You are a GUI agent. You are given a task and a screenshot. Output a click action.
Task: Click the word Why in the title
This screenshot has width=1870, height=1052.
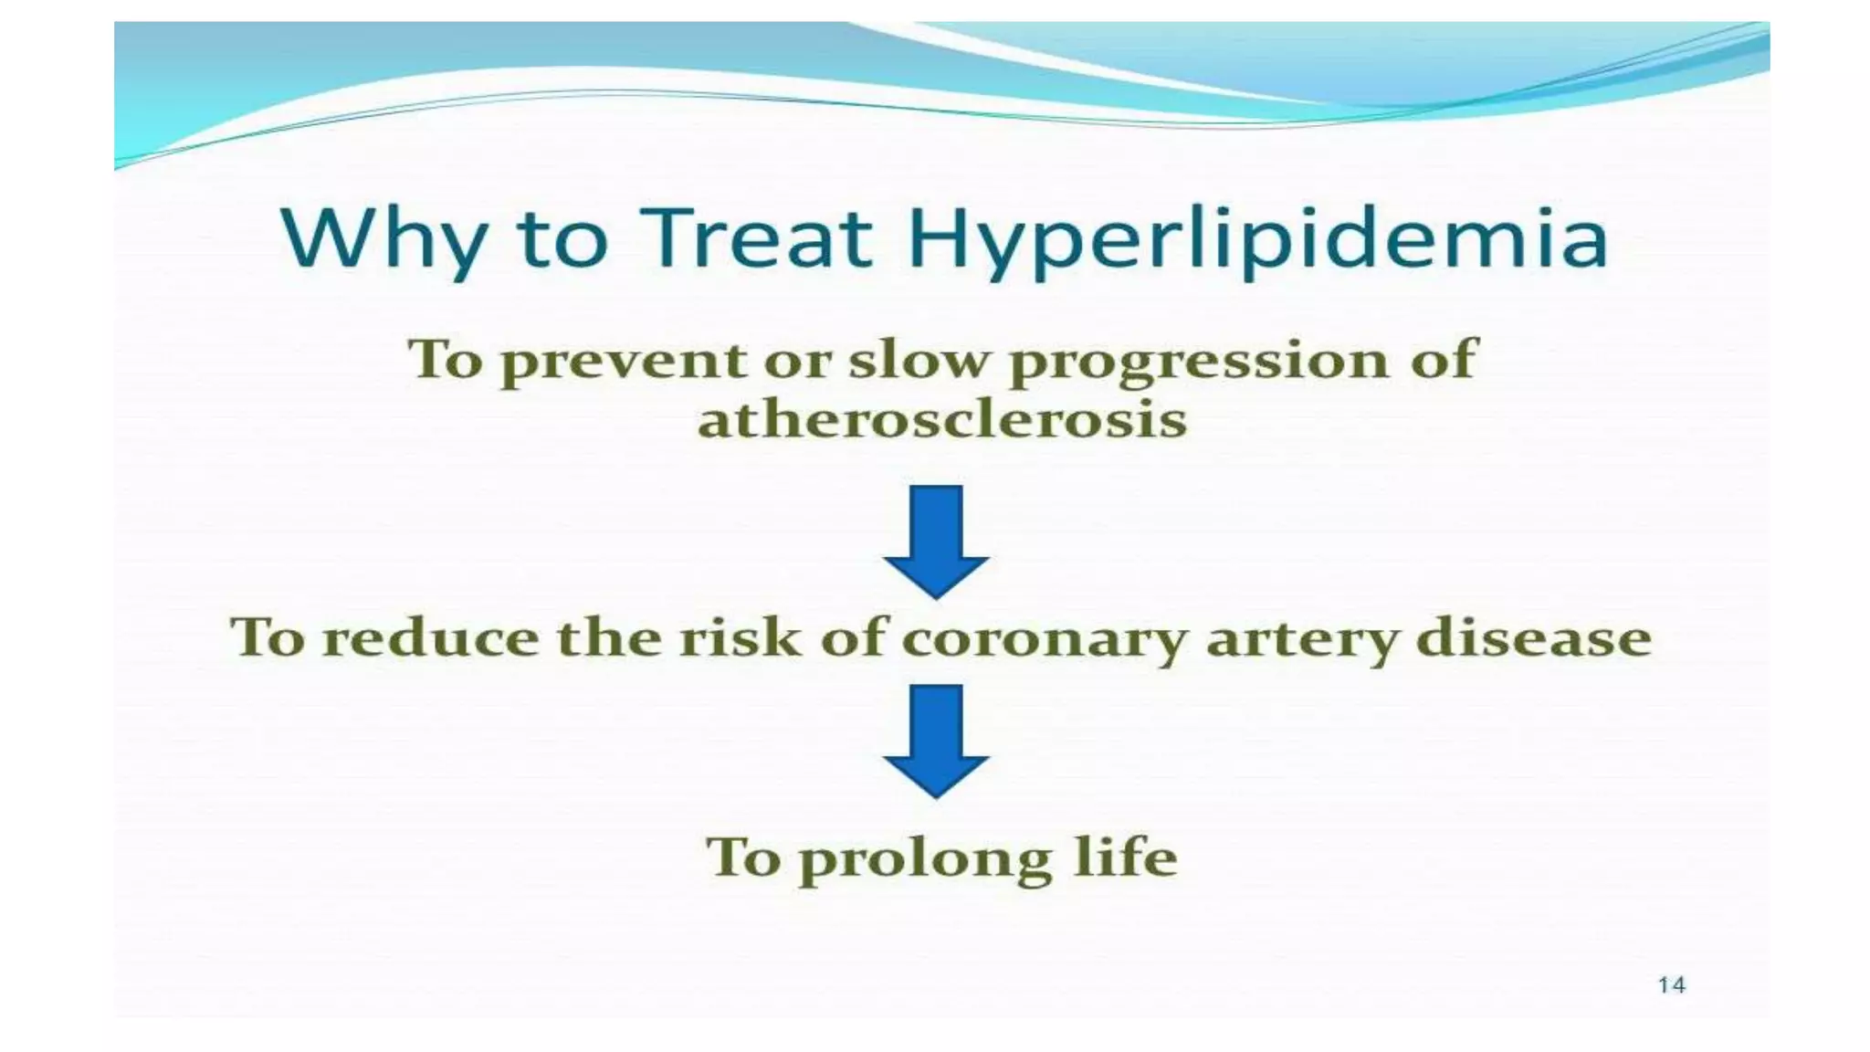[x=383, y=239]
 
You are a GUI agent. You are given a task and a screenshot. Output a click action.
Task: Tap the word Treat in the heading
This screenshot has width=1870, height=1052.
[x=755, y=239]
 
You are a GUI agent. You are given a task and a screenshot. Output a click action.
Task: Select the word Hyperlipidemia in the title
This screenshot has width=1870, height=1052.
[x=1257, y=239]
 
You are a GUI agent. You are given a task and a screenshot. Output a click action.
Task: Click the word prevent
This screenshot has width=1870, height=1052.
[x=624, y=361]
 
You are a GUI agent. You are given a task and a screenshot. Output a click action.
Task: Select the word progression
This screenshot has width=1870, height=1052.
[x=1200, y=361]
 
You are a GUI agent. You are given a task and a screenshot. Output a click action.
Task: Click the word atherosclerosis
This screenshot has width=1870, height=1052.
[x=942, y=421]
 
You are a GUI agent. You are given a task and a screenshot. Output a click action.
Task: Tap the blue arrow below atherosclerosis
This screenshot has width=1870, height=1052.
[x=936, y=540]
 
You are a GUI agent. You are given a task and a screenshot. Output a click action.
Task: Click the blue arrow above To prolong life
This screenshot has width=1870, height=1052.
[x=936, y=739]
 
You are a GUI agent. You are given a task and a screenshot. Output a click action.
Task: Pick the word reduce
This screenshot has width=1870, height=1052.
[x=431, y=636]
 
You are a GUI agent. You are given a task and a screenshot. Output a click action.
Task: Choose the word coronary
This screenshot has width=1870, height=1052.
[x=1045, y=638]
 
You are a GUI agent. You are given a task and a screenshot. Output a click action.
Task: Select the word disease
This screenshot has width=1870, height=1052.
[x=1533, y=636]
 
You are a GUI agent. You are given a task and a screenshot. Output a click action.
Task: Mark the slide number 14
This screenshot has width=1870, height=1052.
[x=1671, y=984]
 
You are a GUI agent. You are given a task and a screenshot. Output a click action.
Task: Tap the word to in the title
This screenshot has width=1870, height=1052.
[x=562, y=239]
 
